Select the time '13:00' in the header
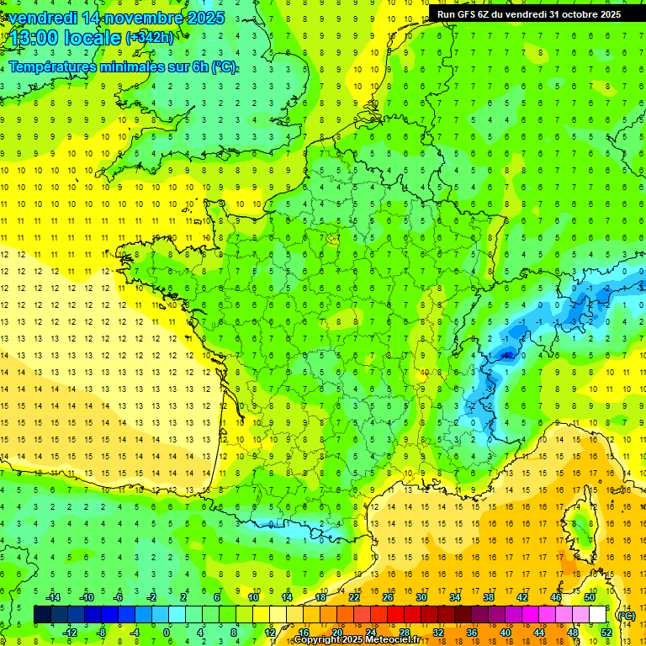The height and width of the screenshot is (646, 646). (x=34, y=39)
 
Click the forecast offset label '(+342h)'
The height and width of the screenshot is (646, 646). (x=150, y=38)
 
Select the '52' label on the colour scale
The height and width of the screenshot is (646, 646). (x=606, y=633)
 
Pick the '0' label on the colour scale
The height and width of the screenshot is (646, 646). (x=167, y=633)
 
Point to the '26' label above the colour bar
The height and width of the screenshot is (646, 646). (x=388, y=597)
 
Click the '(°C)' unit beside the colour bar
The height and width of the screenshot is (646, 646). (x=626, y=615)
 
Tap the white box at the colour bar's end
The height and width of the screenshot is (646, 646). (x=598, y=615)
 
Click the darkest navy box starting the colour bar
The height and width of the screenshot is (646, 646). (x=42, y=615)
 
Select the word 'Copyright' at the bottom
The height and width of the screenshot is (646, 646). (x=318, y=640)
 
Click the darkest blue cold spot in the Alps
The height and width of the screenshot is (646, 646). (x=506, y=355)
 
